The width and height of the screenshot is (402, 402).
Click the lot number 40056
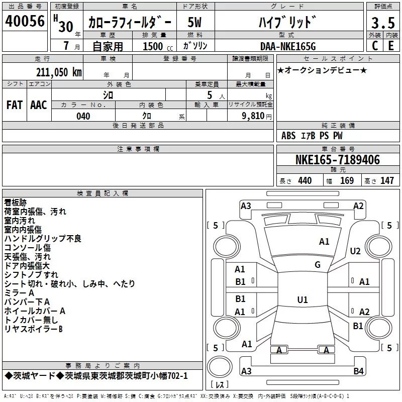tap(25, 21)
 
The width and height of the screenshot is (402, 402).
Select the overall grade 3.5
tap(383, 23)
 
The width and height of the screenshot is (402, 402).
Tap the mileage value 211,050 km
tap(59, 72)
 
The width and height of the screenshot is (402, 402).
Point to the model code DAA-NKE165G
tap(288, 46)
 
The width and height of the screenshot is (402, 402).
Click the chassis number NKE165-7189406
tap(338, 160)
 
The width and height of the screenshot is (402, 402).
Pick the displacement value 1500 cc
tap(158, 46)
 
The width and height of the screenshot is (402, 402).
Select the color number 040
tap(83, 116)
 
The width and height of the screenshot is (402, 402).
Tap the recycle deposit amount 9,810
tap(253, 116)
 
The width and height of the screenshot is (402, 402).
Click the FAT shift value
tap(15, 105)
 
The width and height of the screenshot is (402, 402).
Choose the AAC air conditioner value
tap(39, 105)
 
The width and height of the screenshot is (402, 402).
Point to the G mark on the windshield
tap(318, 265)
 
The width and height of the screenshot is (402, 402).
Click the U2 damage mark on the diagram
tap(355, 251)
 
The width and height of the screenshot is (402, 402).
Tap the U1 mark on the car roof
tap(303, 299)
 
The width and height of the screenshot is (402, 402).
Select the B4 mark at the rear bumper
tap(358, 371)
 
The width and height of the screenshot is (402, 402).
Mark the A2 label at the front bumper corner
tap(358, 206)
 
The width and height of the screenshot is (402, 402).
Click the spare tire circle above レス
tap(220, 367)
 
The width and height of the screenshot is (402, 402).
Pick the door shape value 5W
tap(194, 22)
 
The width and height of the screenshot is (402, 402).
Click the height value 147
tap(387, 180)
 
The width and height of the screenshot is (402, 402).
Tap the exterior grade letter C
tap(375, 46)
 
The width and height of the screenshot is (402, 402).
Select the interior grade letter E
tap(391, 46)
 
